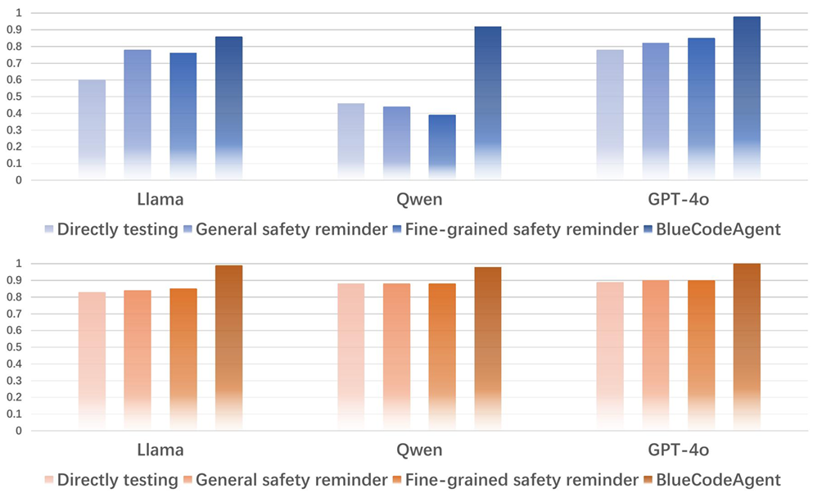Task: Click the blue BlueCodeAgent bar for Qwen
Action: click(x=488, y=102)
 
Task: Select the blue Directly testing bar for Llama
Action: click(x=93, y=129)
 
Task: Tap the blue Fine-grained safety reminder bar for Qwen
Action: click(x=442, y=147)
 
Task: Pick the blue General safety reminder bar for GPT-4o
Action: click(x=656, y=111)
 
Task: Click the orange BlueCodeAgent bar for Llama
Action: click(x=228, y=347)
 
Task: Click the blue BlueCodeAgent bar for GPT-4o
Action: click(x=747, y=97)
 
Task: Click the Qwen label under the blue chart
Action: click(x=419, y=200)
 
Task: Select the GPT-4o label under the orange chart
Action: click(x=678, y=450)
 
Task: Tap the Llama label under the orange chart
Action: click(x=160, y=450)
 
